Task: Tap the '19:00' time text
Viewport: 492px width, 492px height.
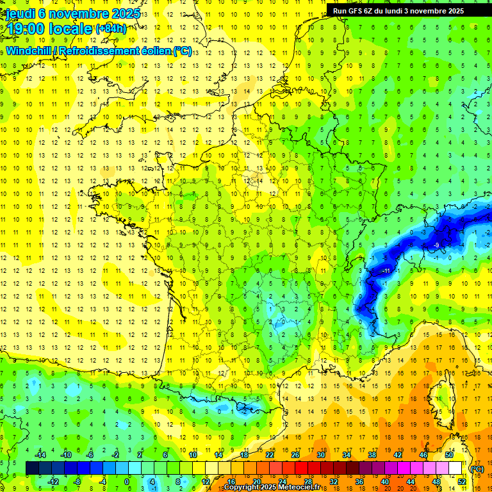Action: [26, 28]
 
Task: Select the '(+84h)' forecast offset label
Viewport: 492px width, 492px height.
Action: [111, 29]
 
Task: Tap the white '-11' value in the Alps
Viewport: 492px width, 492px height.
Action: [386, 272]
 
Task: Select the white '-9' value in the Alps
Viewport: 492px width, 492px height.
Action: [436, 245]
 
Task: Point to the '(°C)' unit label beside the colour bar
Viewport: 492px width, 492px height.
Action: [477, 469]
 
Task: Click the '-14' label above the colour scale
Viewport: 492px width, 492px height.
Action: [40, 455]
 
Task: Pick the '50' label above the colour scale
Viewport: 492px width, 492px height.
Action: [449, 455]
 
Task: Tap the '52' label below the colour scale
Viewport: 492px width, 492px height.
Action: [462, 482]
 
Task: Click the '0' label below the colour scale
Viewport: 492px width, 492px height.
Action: [127, 482]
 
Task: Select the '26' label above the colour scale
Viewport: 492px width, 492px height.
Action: [295, 455]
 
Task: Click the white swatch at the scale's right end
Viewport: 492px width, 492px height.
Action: [455, 468]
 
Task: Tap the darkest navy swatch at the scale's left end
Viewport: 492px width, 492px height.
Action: [32, 468]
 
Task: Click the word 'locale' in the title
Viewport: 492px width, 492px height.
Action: [70, 28]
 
